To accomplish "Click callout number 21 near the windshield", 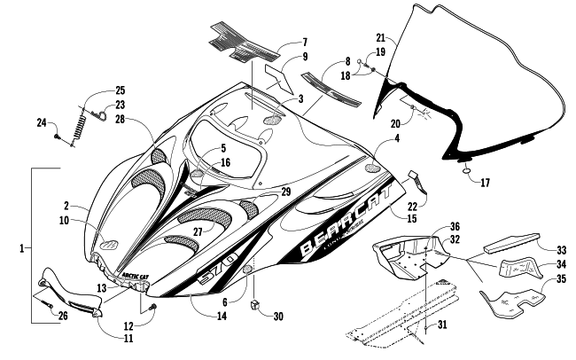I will click(380, 38).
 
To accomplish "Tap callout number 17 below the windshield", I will click(483, 184).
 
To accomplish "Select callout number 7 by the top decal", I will click(281, 42).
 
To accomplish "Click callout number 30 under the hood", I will click(279, 317).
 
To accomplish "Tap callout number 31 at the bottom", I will click(443, 325).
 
